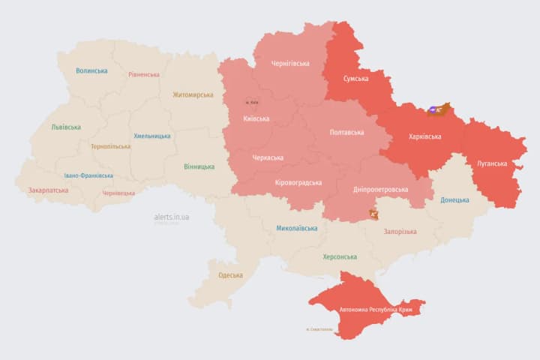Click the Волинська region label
pyautogui.click(x=91, y=71)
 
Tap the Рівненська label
pyautogui.click(x=144, y=75)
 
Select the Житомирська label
pyautogui.click(x=193, y=95)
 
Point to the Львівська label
pyautogui.click(x=66, y=127)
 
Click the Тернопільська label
pyautogui.click(x=110, y=147)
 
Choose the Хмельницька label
pyautogui.click(x=152, y=136)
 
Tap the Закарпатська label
pyautogui.click(x=48, y=190)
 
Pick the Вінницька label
pyautogui.click(x=199, y=166)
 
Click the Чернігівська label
pyautogui.click(x=289, y=64)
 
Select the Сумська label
pyautogui.click(x=355, y=79)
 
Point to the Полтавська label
pyautogui.click(x=347, y=133)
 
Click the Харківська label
pyautogui.click(x=425, y=137)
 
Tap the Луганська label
pyautogui.click(x=492, y=163)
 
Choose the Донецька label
pyautogui.click(x=454, y=200)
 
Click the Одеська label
pyautogui.click(x=230, y=275)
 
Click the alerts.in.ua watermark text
pyautogui.click(x=172, y=217)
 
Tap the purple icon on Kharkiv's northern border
pyautogui.click(x=433, y=110)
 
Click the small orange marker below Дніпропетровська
pyautogui.click(x=373, y=214)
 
